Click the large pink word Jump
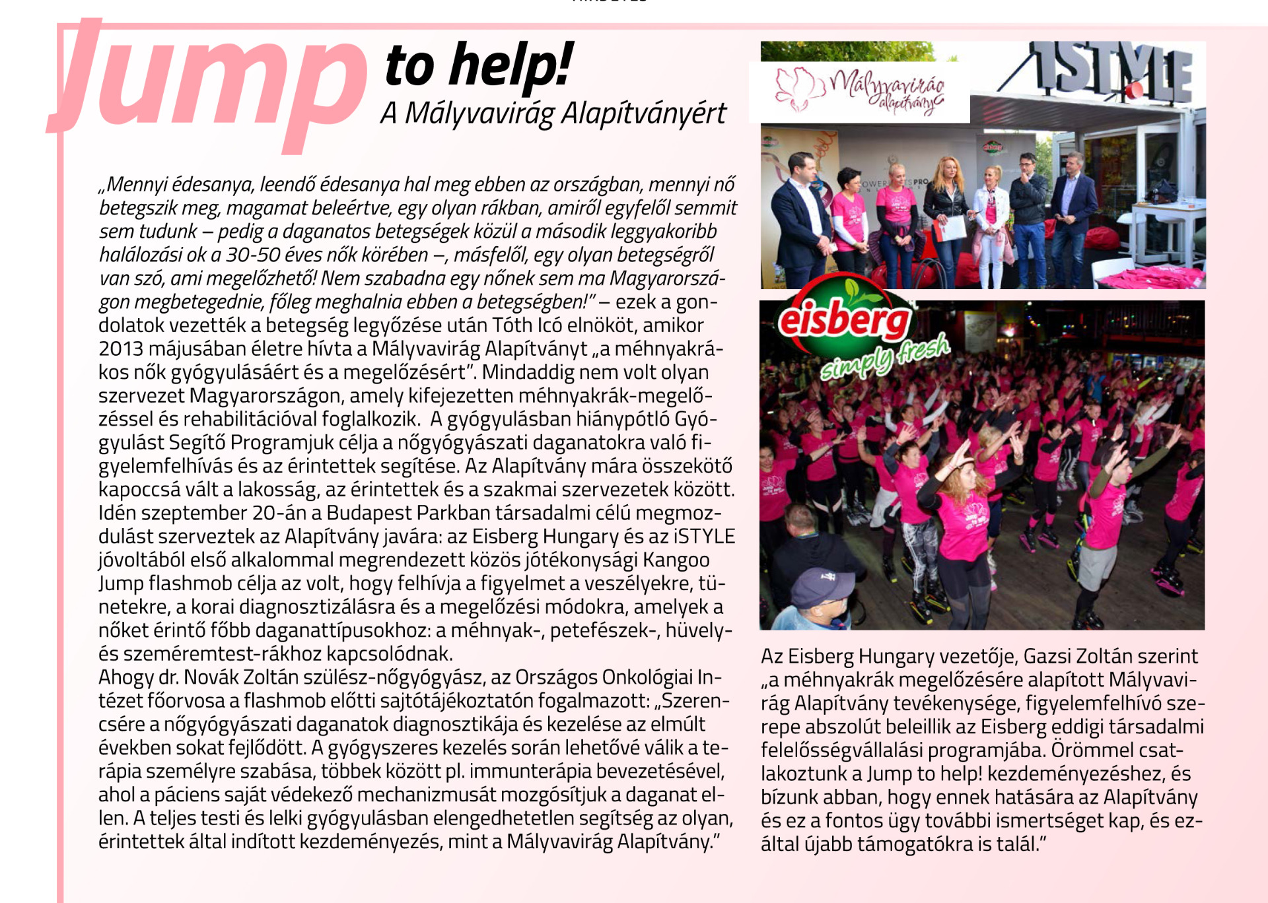click(x=211, y=79)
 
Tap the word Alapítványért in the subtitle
click(x=643, y=114)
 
